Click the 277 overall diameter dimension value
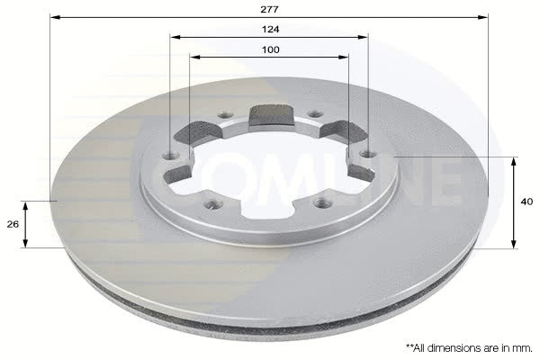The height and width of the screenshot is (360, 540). (269, 10)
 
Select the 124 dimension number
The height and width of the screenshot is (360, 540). (270, 30)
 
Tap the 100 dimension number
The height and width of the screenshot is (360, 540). (271, 50)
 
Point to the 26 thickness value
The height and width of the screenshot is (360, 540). (13, 224)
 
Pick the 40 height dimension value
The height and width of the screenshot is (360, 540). (526, 202)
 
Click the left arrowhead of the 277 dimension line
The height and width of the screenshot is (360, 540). (55, 17)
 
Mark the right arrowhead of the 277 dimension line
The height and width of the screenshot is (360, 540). (483, 17)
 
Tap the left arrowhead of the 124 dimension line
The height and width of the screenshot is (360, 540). (175, 37)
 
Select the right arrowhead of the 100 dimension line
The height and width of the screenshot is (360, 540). (344, 57)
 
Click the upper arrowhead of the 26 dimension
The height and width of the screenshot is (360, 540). (25, 207)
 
